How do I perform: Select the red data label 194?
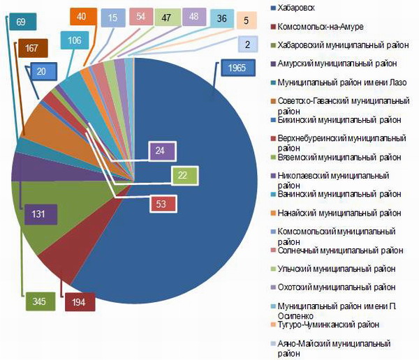pos(79,302)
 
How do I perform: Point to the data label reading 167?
pos(31,48)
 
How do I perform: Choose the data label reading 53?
pos(162,204)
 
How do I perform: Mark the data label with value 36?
pos(221,20)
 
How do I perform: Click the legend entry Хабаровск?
pos(297,9)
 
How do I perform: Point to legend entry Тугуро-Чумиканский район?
pos(328,324)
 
